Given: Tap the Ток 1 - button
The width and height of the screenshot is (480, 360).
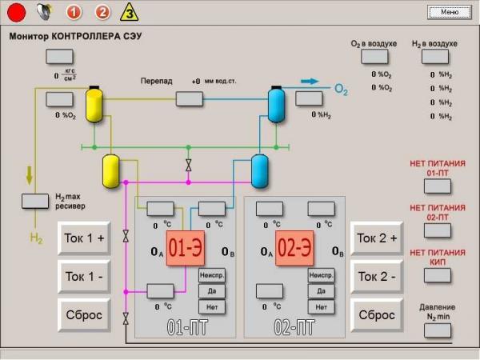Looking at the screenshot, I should tap(84, 277).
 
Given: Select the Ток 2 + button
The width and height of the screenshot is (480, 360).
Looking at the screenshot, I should tap(377, 238).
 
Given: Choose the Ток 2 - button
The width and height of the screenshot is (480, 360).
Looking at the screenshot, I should tap(377, 277).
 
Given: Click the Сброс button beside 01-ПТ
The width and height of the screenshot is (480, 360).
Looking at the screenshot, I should tap(84, 315).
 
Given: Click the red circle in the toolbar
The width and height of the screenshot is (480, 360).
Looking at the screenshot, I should tap(17, 12).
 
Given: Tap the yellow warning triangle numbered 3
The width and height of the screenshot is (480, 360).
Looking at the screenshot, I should tap(129, 12).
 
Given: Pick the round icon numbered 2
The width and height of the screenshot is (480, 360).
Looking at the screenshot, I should tap(102, 12).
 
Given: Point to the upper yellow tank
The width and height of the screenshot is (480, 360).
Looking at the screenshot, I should tap(95, 104).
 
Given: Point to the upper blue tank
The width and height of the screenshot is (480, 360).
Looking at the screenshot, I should tap(276, 104).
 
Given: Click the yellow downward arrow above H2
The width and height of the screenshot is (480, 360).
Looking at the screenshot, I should tap(30, 174).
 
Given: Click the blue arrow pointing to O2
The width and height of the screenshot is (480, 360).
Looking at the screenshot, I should tap(310, 81).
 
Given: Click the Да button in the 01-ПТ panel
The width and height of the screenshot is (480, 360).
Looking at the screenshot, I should tap(212, 291).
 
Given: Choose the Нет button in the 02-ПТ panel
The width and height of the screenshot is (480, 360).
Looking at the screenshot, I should tap(321, 306).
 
